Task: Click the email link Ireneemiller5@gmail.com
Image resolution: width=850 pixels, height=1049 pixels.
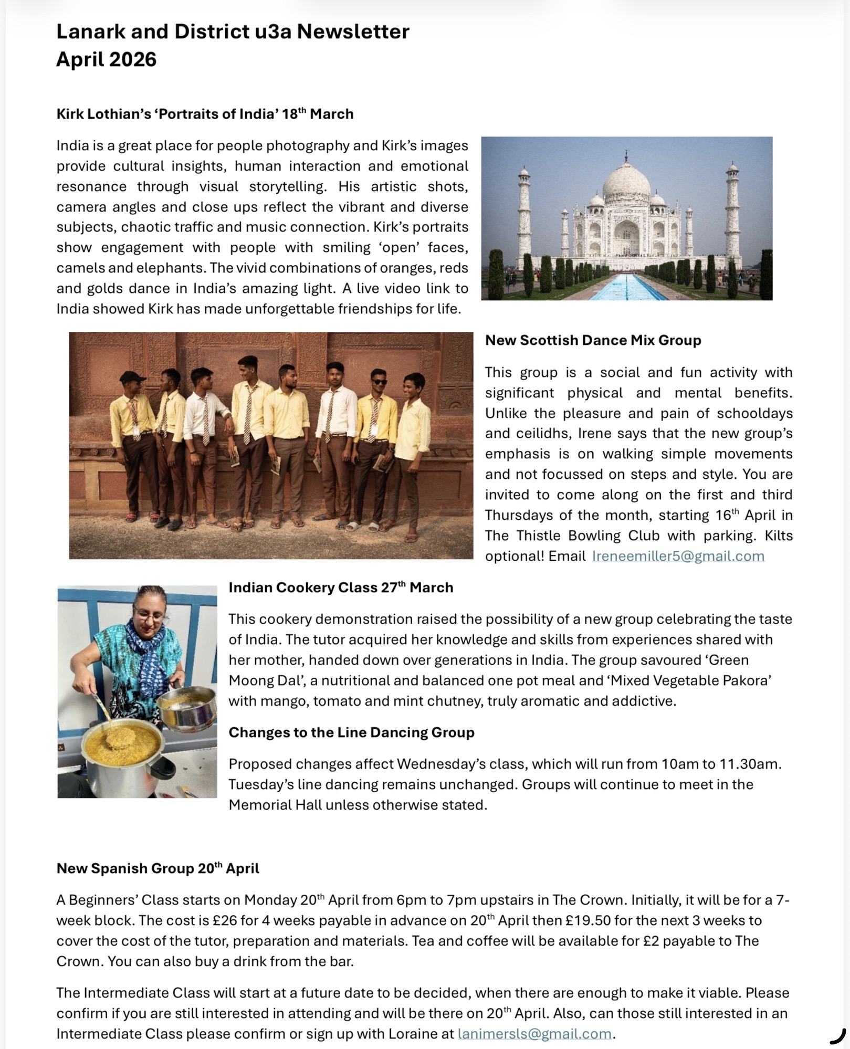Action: point(678,556)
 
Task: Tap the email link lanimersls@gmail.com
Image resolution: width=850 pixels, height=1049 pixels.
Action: point(534,1034)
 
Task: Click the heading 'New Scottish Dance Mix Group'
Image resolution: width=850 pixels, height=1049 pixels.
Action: point(593,340)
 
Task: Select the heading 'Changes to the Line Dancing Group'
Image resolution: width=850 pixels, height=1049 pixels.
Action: point(351,732)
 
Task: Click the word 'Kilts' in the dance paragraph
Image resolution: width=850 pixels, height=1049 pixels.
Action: point(774,536)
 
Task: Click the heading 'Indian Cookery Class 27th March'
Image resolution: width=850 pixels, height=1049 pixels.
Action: point(341,588)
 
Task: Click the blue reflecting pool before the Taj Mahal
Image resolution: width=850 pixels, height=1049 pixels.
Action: point(628,288)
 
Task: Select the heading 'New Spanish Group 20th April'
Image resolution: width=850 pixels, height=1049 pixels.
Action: point(158,868)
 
